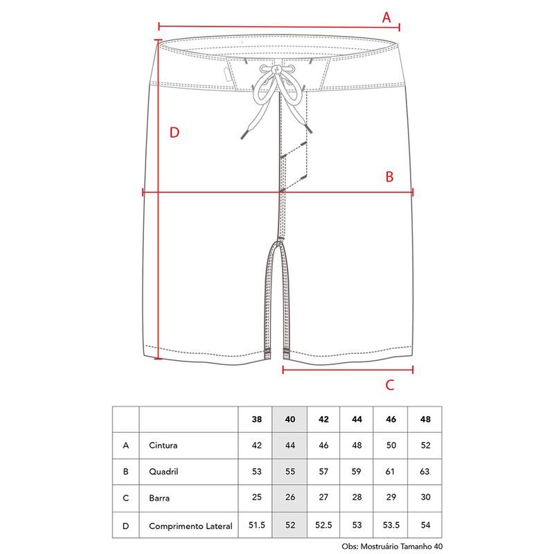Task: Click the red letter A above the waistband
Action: tap(386, 17)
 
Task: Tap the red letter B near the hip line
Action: tap(389, 177)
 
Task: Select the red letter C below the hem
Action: tap(390, 385)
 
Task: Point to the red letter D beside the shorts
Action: tap(175, 132)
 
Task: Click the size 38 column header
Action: tap(257, 420)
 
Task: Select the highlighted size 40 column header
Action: tap(290, 420)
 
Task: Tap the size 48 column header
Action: tap(425, 420)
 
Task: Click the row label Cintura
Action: tap(163, 445)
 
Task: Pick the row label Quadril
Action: tap(163, 472)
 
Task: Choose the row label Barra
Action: tap(159, 498)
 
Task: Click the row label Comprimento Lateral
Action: tap(191, 526)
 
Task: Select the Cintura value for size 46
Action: tap(391, 445)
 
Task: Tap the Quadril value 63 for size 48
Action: tap(425, 472)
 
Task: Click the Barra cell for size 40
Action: tap(290, 497)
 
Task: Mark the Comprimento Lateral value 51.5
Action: tap(257, 525)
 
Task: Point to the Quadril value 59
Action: tap(356, 472)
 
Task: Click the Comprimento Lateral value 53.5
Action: tap(391, 525)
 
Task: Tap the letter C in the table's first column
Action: tap(126, 498)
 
